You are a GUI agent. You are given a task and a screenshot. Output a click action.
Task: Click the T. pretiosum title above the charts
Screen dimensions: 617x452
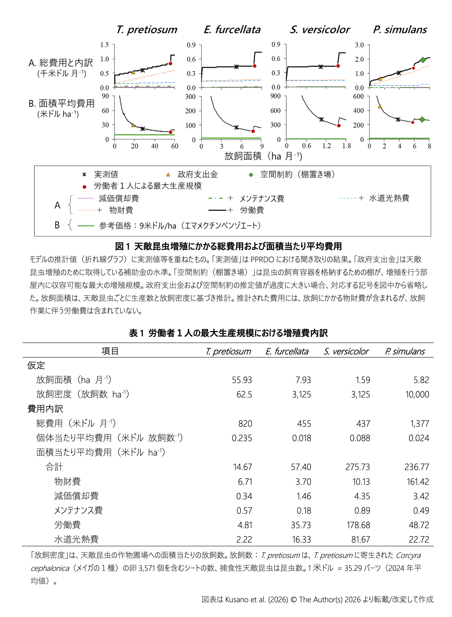pyautogui.click(x=147, y=30)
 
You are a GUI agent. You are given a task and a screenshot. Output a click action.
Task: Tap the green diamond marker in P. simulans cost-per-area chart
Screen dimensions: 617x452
pyautogui.click(x=422, y=120)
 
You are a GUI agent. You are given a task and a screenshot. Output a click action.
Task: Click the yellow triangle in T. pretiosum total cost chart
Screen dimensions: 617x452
pyautogui.click(x=133, y=72)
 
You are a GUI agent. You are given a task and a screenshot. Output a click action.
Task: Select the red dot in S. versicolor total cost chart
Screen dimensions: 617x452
pyautogui.click(x=338, y=66)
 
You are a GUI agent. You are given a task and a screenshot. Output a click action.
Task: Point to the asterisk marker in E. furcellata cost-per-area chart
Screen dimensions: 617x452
pyautogui.click(x=236, y=127)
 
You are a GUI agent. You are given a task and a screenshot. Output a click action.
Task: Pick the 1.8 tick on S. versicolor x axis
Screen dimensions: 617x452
pyautogui.click(x=346, y=146)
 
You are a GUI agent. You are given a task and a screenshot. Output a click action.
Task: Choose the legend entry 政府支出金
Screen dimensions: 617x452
pyautogui.click(x=198, y=175)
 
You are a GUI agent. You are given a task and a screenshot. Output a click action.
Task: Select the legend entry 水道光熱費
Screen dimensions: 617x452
pyautogui.click(x=389, y=198)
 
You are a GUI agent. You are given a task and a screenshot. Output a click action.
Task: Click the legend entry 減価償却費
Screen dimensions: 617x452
pyautogui.click(x=119, y=198)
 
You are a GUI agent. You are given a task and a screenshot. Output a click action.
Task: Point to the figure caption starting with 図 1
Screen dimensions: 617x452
pyautogui.click(x=228, y=246)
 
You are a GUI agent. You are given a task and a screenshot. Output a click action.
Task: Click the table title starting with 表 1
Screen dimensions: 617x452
pyautogui.click(x=228, y=333)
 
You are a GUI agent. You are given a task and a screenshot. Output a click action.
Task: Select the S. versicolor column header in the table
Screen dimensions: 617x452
pyautogui.click(x=346, y=351)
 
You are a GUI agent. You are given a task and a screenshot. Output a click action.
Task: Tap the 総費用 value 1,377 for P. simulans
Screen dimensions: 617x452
pyautogui.click(x=419, y=424)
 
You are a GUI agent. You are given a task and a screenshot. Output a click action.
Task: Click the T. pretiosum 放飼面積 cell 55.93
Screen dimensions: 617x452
pyautogui.click(x=242, y=380)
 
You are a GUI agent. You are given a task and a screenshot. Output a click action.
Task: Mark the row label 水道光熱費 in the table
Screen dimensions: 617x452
pyautogui.click(x=76, y=539)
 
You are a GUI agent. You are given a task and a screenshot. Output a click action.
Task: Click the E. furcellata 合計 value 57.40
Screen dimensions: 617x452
pyautogui.click(x=301, y=467)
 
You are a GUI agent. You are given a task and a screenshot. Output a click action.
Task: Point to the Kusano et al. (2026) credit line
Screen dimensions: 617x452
pyautogui.click(x=317, y=599)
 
